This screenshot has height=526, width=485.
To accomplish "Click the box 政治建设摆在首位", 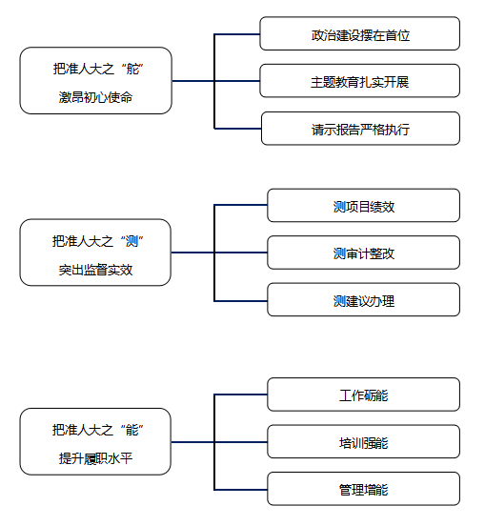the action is tap(359, 33).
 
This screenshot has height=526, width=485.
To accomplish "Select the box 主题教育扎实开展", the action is tap(359, 81).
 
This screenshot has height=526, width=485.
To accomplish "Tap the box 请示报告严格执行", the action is tap(360, 129).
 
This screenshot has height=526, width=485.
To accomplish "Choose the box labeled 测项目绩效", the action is tap(364, 205).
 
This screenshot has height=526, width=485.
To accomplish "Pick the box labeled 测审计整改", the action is tap(364, 253).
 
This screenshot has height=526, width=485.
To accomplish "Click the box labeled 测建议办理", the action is tap(364, 299).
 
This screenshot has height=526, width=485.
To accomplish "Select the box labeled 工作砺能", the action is tap(364, 394).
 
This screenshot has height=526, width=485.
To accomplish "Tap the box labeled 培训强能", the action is tap(364, 441).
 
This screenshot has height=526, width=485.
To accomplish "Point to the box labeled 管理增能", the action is tap(364, 489).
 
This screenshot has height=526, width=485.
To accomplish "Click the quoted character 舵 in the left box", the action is tap(132, 70).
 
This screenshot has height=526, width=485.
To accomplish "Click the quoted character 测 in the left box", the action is tap(131, 241).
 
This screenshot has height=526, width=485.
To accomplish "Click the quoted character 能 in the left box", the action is tap(131, 431).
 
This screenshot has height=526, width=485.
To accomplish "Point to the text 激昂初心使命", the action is tap(95, 97).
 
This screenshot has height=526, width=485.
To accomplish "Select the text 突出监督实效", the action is tap(95, 270).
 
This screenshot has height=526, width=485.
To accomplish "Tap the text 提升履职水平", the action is tap(95, 458).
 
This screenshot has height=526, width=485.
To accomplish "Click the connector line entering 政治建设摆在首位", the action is tap(237, 34).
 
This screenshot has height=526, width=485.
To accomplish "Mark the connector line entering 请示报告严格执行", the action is tap(238, 129).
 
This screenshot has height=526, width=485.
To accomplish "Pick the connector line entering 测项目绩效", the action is tap(241, 205).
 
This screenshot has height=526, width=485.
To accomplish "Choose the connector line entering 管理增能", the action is tap(241, 490).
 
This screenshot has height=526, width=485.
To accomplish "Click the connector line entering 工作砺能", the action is tap(241, 394).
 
